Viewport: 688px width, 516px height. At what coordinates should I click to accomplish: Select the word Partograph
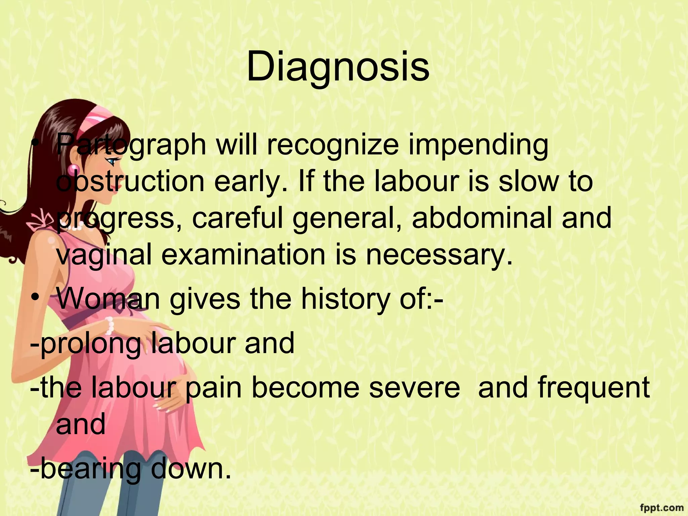point(131,145)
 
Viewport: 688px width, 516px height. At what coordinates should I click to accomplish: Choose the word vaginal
point(104,255)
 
